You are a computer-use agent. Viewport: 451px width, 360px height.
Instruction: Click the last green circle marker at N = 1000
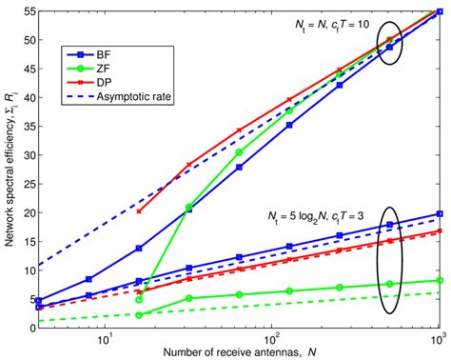(x=439, y=280)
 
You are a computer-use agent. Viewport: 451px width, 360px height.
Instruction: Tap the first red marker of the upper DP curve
(x=140, y=211)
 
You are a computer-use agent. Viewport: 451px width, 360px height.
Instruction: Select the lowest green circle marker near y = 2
(x=140, y=314)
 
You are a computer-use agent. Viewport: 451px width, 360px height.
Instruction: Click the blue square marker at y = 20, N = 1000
(x=439, y=214)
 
